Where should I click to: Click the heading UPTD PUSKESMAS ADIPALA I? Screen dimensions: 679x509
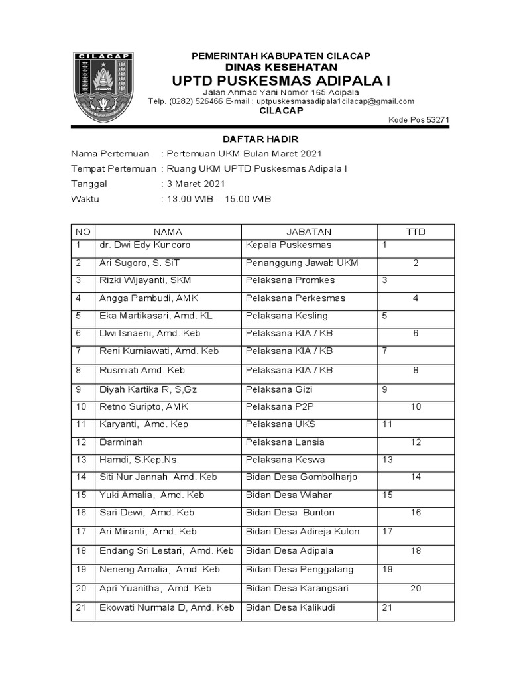281,80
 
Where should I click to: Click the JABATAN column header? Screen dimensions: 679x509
308,232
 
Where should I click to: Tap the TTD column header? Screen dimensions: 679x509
416,232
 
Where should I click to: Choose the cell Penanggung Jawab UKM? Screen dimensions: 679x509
302,263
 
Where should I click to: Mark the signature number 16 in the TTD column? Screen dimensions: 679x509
416,513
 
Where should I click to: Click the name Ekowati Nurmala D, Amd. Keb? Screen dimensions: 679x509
166,607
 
